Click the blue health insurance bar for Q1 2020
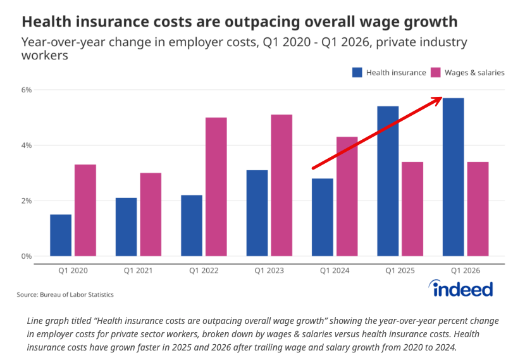61,235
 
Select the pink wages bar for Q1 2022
216,187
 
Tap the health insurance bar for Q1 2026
453,177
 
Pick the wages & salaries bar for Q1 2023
281,185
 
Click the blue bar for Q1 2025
388,182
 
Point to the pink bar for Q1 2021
151,214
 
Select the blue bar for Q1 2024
323,217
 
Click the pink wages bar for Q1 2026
478,209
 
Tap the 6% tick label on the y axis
27,90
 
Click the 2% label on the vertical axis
27,201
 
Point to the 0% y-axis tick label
27,256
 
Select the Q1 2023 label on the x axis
269,271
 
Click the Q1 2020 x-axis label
73,271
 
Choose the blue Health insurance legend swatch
357,72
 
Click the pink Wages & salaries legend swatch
435,72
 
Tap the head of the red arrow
442,97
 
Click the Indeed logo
460,289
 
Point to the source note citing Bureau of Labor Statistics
65,295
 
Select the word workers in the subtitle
45,55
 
